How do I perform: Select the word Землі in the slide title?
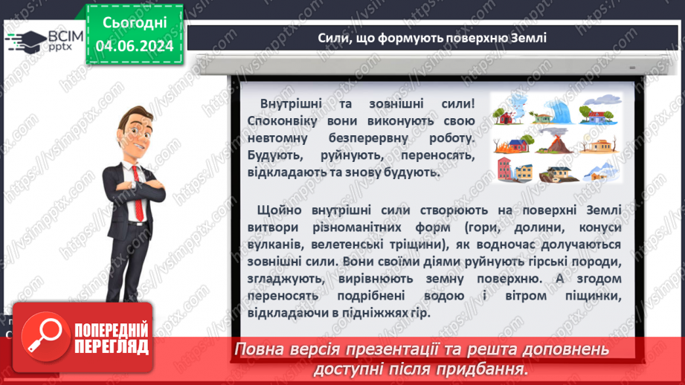pyautogui.click(x=525, y=37)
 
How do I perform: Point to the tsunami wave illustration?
pyautogui.click(x=559, y=111)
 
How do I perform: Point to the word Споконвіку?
pyautogui.click(x=289, y=121)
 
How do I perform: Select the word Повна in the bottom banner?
pyautogui.click(x=260, y=349)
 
